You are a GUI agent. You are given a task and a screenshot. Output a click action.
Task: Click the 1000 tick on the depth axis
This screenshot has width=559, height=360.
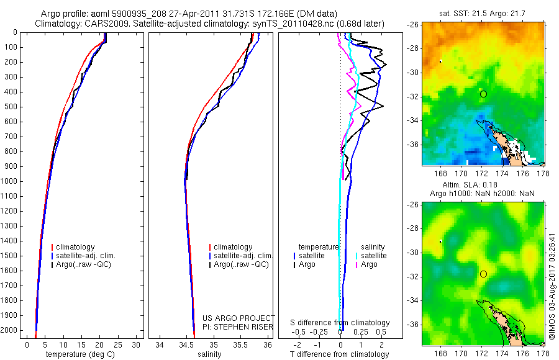click(10, 181)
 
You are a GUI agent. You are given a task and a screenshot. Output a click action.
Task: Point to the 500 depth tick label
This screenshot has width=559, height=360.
click(10, 107)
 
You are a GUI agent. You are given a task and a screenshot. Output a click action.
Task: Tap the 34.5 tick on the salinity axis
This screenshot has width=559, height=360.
click(186, 344)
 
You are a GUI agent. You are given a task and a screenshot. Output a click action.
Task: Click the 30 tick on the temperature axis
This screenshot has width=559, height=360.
click(137, 344)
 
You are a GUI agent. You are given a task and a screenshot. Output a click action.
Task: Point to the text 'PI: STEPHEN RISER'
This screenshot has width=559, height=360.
click(239, 326)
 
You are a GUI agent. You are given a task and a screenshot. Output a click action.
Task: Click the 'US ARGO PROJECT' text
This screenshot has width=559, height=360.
click(239, 318)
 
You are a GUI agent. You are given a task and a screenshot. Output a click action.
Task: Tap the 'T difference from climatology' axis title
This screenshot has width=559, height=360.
click(340, 354)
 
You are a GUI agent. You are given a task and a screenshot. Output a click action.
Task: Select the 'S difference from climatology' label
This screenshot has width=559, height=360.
click(340, 323)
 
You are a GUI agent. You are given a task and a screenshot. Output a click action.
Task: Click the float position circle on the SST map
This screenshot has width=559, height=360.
click(483, 94)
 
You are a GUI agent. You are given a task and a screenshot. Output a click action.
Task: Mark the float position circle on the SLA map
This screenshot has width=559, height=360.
click(483, 274)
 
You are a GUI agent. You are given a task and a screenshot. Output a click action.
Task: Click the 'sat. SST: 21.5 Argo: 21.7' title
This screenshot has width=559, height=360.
click(483, 14)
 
